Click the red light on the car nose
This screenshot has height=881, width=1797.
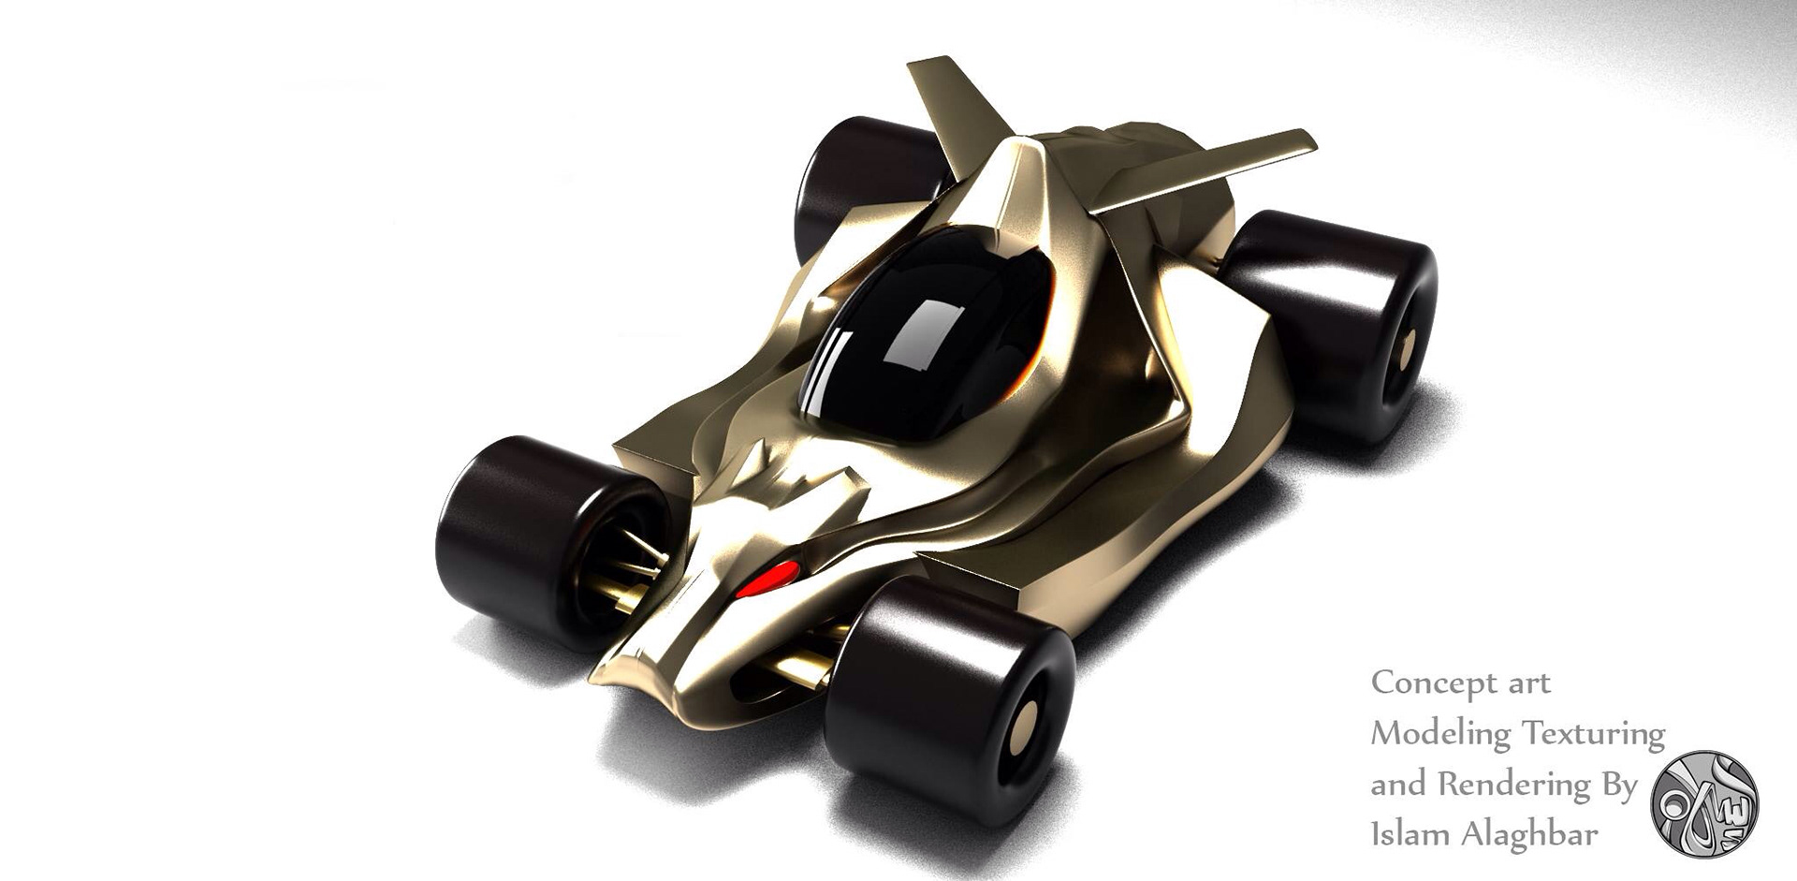coord(767,580)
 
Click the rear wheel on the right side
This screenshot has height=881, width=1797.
coord(1329,323)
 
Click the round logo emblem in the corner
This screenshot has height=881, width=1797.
coord(1704,803)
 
